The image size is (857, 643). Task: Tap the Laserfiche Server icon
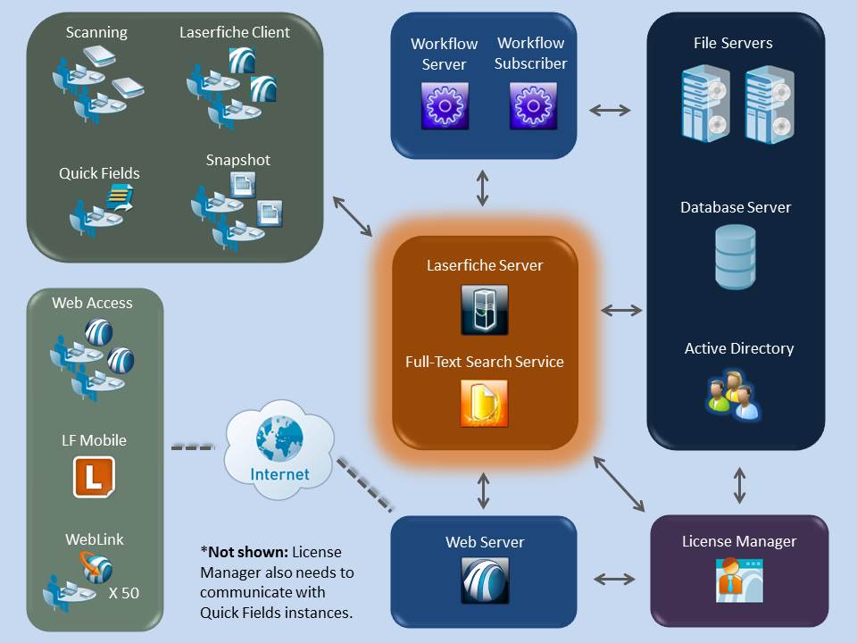[485, 310]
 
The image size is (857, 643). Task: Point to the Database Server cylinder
[736, 256]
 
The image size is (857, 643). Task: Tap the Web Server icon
[485, 581]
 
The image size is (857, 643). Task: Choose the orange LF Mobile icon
[93, 476]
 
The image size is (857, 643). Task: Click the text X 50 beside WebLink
[124, 592]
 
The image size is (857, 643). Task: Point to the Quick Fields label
[100, 173]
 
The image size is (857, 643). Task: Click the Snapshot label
[237, 161]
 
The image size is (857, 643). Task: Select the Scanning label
[96, 33]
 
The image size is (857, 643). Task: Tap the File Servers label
[733, 43]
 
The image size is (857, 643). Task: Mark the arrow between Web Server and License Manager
[614, 579]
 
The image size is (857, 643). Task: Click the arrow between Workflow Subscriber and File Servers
[611, 110]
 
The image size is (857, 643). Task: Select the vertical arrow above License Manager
[739, 484]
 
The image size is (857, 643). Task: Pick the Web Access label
[92, 304]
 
